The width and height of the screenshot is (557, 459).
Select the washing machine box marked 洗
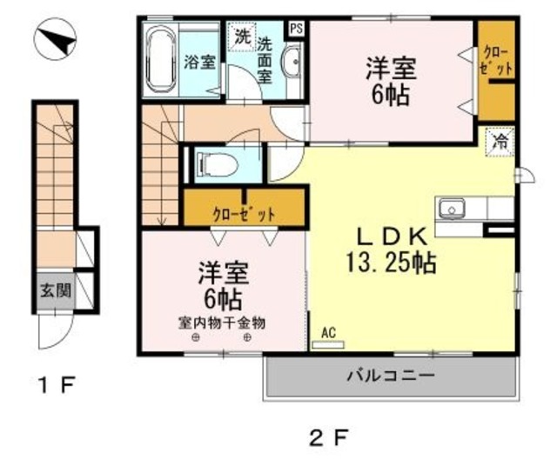(242, 37)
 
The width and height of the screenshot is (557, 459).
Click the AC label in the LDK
(328, 332)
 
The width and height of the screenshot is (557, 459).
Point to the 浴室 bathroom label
(199, 63)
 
